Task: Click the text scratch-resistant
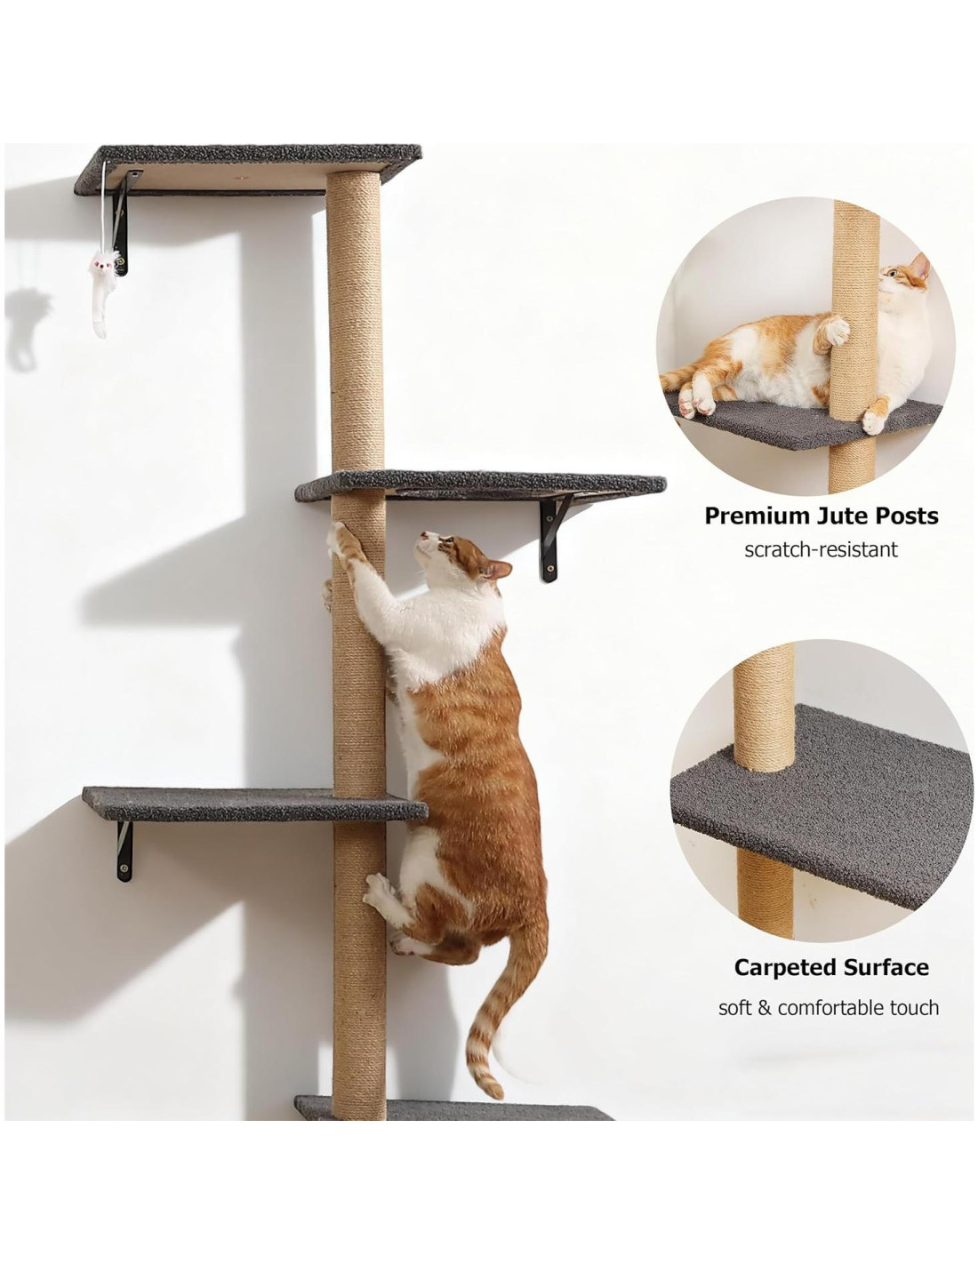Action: [821, 549]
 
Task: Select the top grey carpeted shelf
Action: [247, 168]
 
